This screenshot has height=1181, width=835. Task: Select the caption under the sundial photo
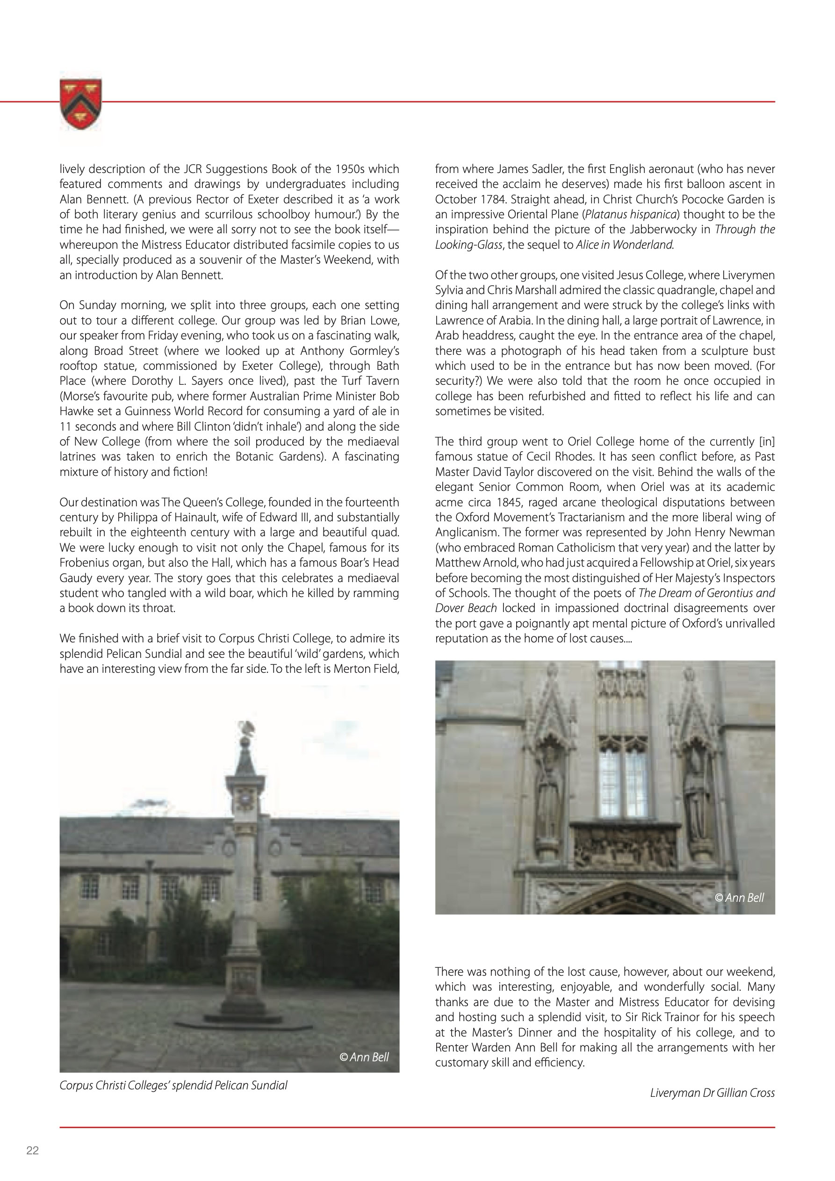(x=173, y=1085)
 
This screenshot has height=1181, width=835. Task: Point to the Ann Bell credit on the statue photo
(x=739, y=898)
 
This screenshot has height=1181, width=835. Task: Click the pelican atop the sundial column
(x=246, y=728)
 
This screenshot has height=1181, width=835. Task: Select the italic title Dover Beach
(x=466, y=608)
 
